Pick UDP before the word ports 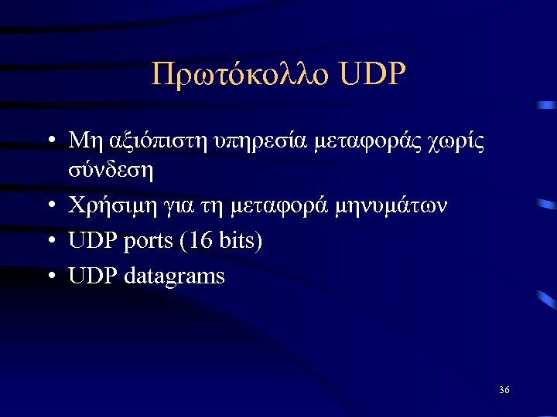click(91, 241)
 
